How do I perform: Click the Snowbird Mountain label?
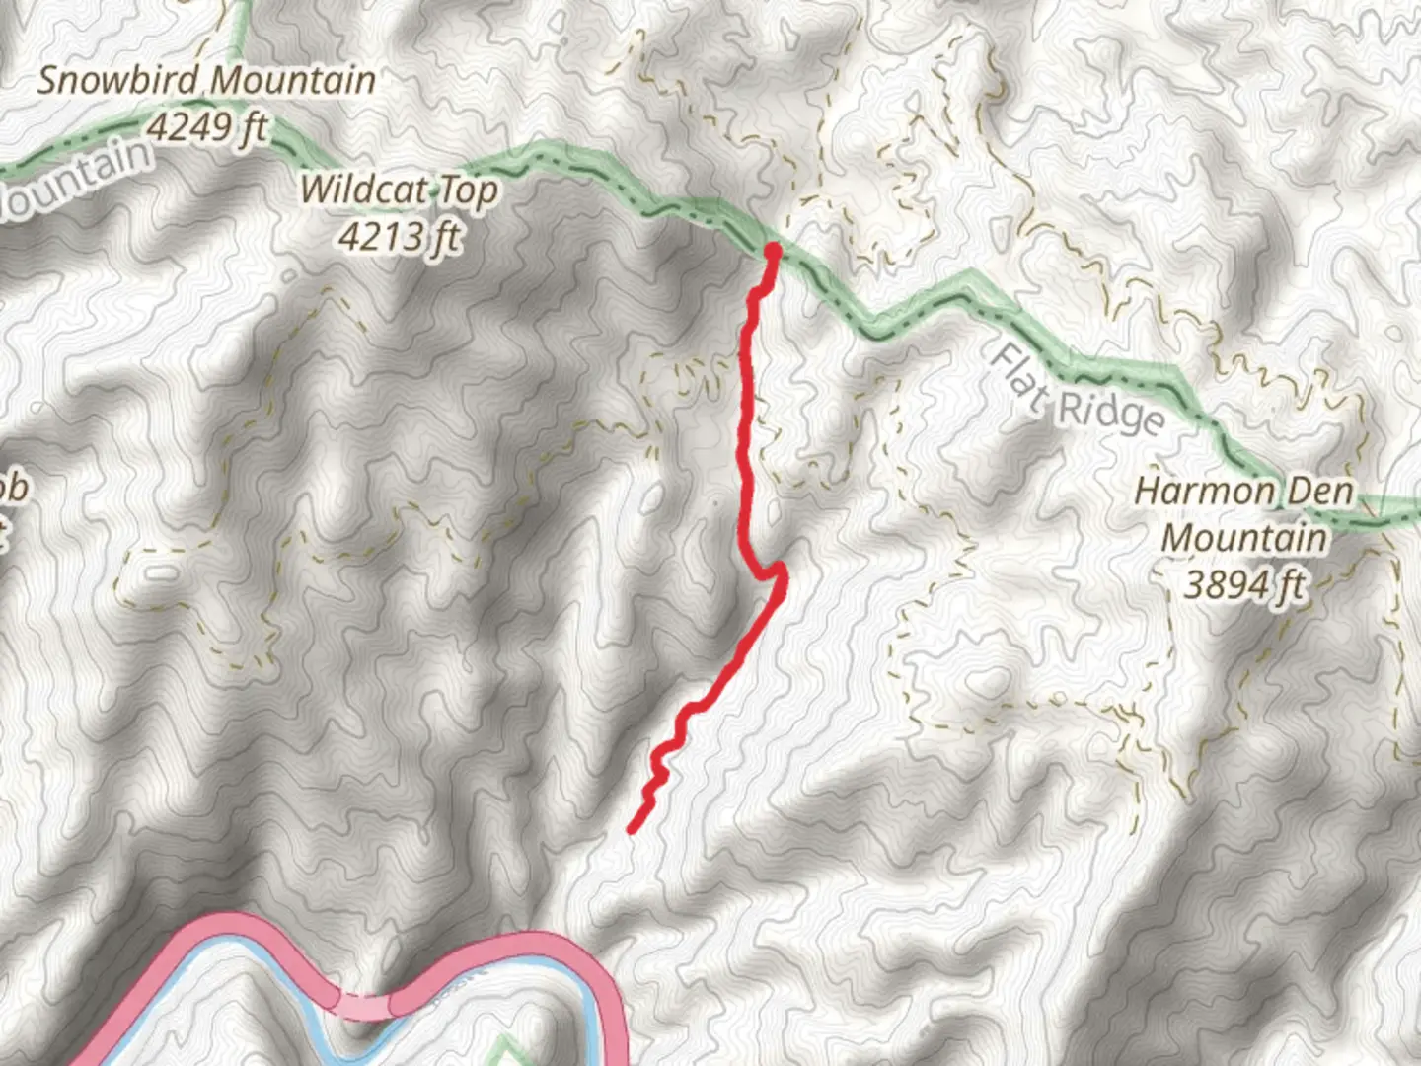tap(206, 80)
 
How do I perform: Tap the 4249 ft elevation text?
tap(207, 126)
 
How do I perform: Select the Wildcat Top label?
tap(399, 189)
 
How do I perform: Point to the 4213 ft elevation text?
tap(399, 236)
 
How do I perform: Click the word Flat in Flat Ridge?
tap(1018, 378)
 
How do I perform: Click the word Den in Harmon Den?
tap(1319, 491)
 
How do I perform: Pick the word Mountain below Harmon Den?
tap(1244, 538)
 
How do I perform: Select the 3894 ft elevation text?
tap(1244, 584)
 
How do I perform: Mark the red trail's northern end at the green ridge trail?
tap(772, 252)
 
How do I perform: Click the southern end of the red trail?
tap(632, 830)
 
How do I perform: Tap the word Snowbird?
tap(120, 80)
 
